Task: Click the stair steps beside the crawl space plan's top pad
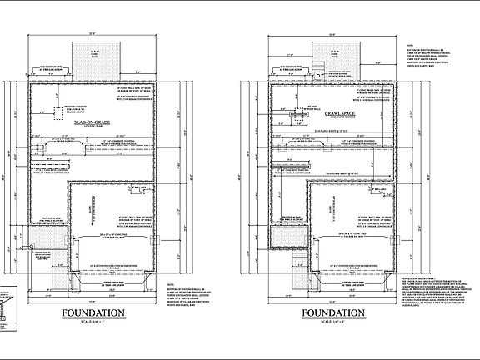(x=317, y=68)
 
